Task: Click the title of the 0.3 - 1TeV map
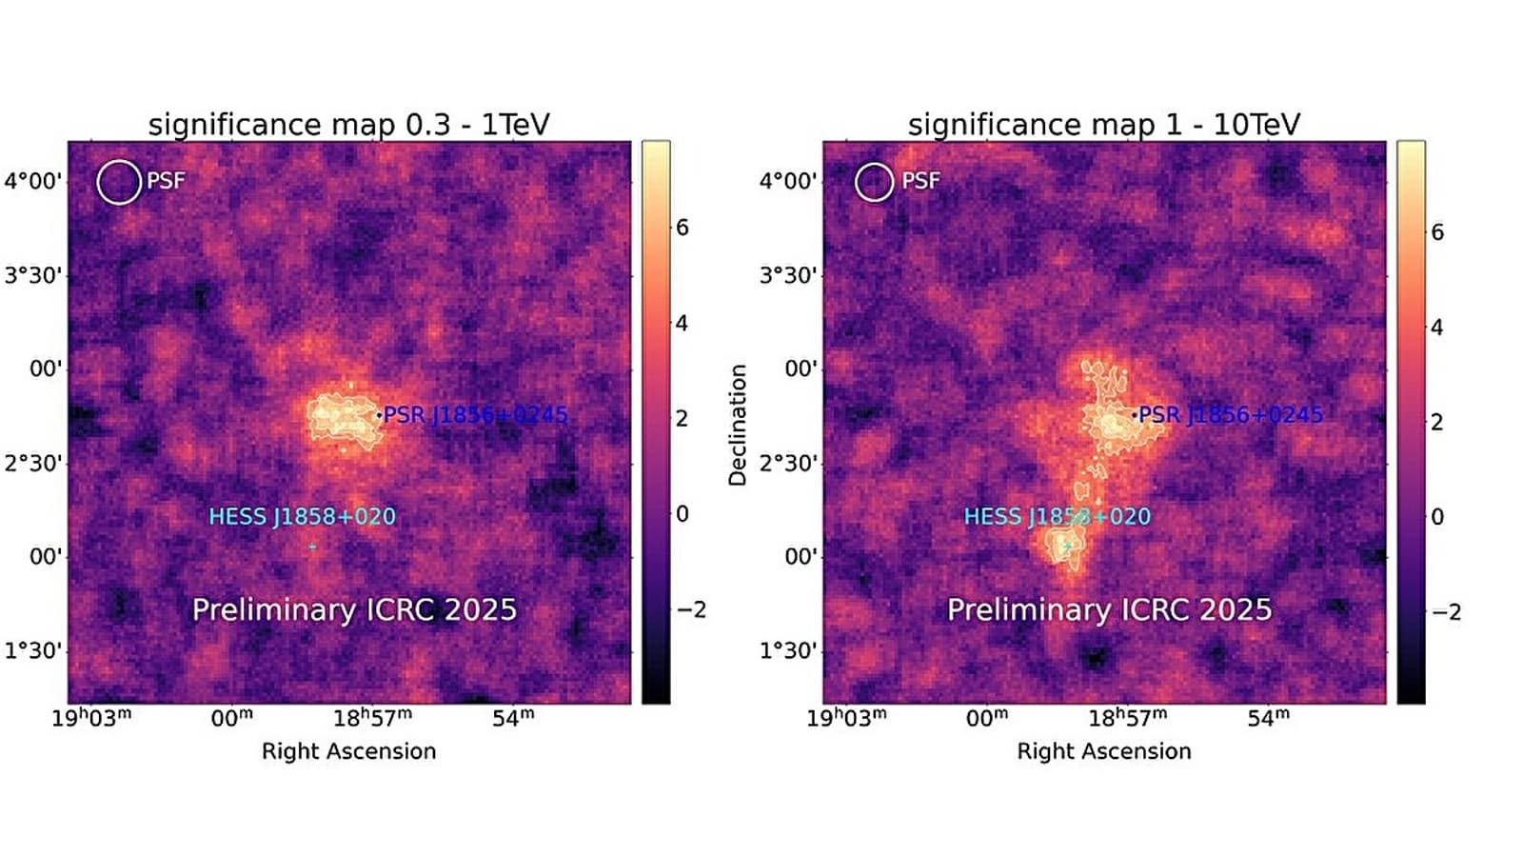coord(348,125)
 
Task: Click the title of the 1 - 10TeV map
coord(1103,125)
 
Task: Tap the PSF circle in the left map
coord(119,182)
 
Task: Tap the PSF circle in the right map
coord(874,182)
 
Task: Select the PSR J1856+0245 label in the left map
coord(475,415)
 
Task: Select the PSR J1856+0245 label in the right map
coord(1230,415)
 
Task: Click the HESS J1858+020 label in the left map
coord(302,516)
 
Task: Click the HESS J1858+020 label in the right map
coord(1057,516)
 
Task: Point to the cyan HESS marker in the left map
coord(312,547)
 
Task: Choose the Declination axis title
coord(738,425)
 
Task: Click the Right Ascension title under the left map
coord(348,751)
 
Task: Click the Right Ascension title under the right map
coord(1103,751)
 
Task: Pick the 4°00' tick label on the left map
coord(33,181)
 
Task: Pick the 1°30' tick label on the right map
coord(788,650)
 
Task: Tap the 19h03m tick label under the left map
coord(91,717)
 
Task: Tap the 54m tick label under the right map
coord(1269,717)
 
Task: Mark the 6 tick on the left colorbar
coord(682,228)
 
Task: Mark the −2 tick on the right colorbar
coord(1446,612)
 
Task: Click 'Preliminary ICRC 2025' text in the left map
coord(354,609)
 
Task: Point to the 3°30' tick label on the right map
coord(788,275)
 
